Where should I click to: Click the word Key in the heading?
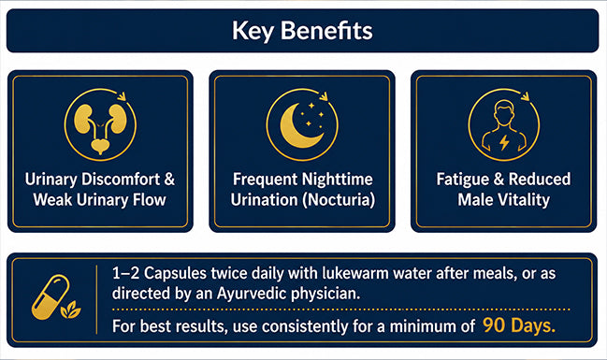click(253, 31)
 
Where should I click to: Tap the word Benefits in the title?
click(326, 30)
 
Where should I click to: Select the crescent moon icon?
click(301, 126)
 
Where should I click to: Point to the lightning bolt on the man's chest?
click(504, 142)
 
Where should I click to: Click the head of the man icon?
click(504, 112)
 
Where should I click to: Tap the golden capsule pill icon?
click(50, 297)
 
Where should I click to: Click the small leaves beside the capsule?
click(70, 310)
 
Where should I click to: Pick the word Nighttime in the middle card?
click(337, 180)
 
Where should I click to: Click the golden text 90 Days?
click(519, 325)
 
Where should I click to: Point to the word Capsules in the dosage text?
click(175, 274)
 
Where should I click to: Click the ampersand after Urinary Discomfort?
click(169, 180)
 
